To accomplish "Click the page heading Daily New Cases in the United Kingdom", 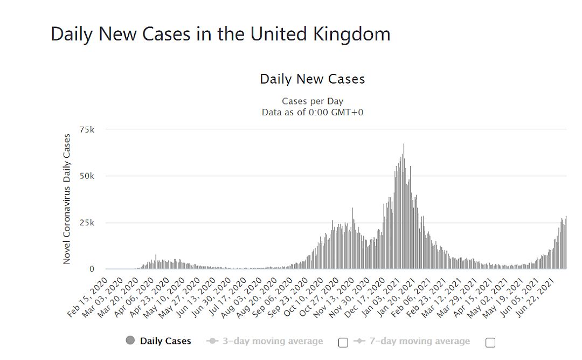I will pos(220,34).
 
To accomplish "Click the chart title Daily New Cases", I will pos(312,79).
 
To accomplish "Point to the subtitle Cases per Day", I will pos(312,101).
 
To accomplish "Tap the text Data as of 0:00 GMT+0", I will pos(312,112).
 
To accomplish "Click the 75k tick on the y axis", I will pos(87,130).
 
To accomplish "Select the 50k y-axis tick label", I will pos(87,176).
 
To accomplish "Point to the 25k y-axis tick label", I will pos(87,223).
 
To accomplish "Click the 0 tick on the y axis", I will pos(92,269).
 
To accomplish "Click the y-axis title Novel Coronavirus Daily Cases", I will pos(67,199).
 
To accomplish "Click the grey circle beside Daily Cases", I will pos(130,341).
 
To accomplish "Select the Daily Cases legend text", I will pos(165,341).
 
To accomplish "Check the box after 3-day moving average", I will pos(343,342).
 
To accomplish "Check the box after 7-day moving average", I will pos(490,342).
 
